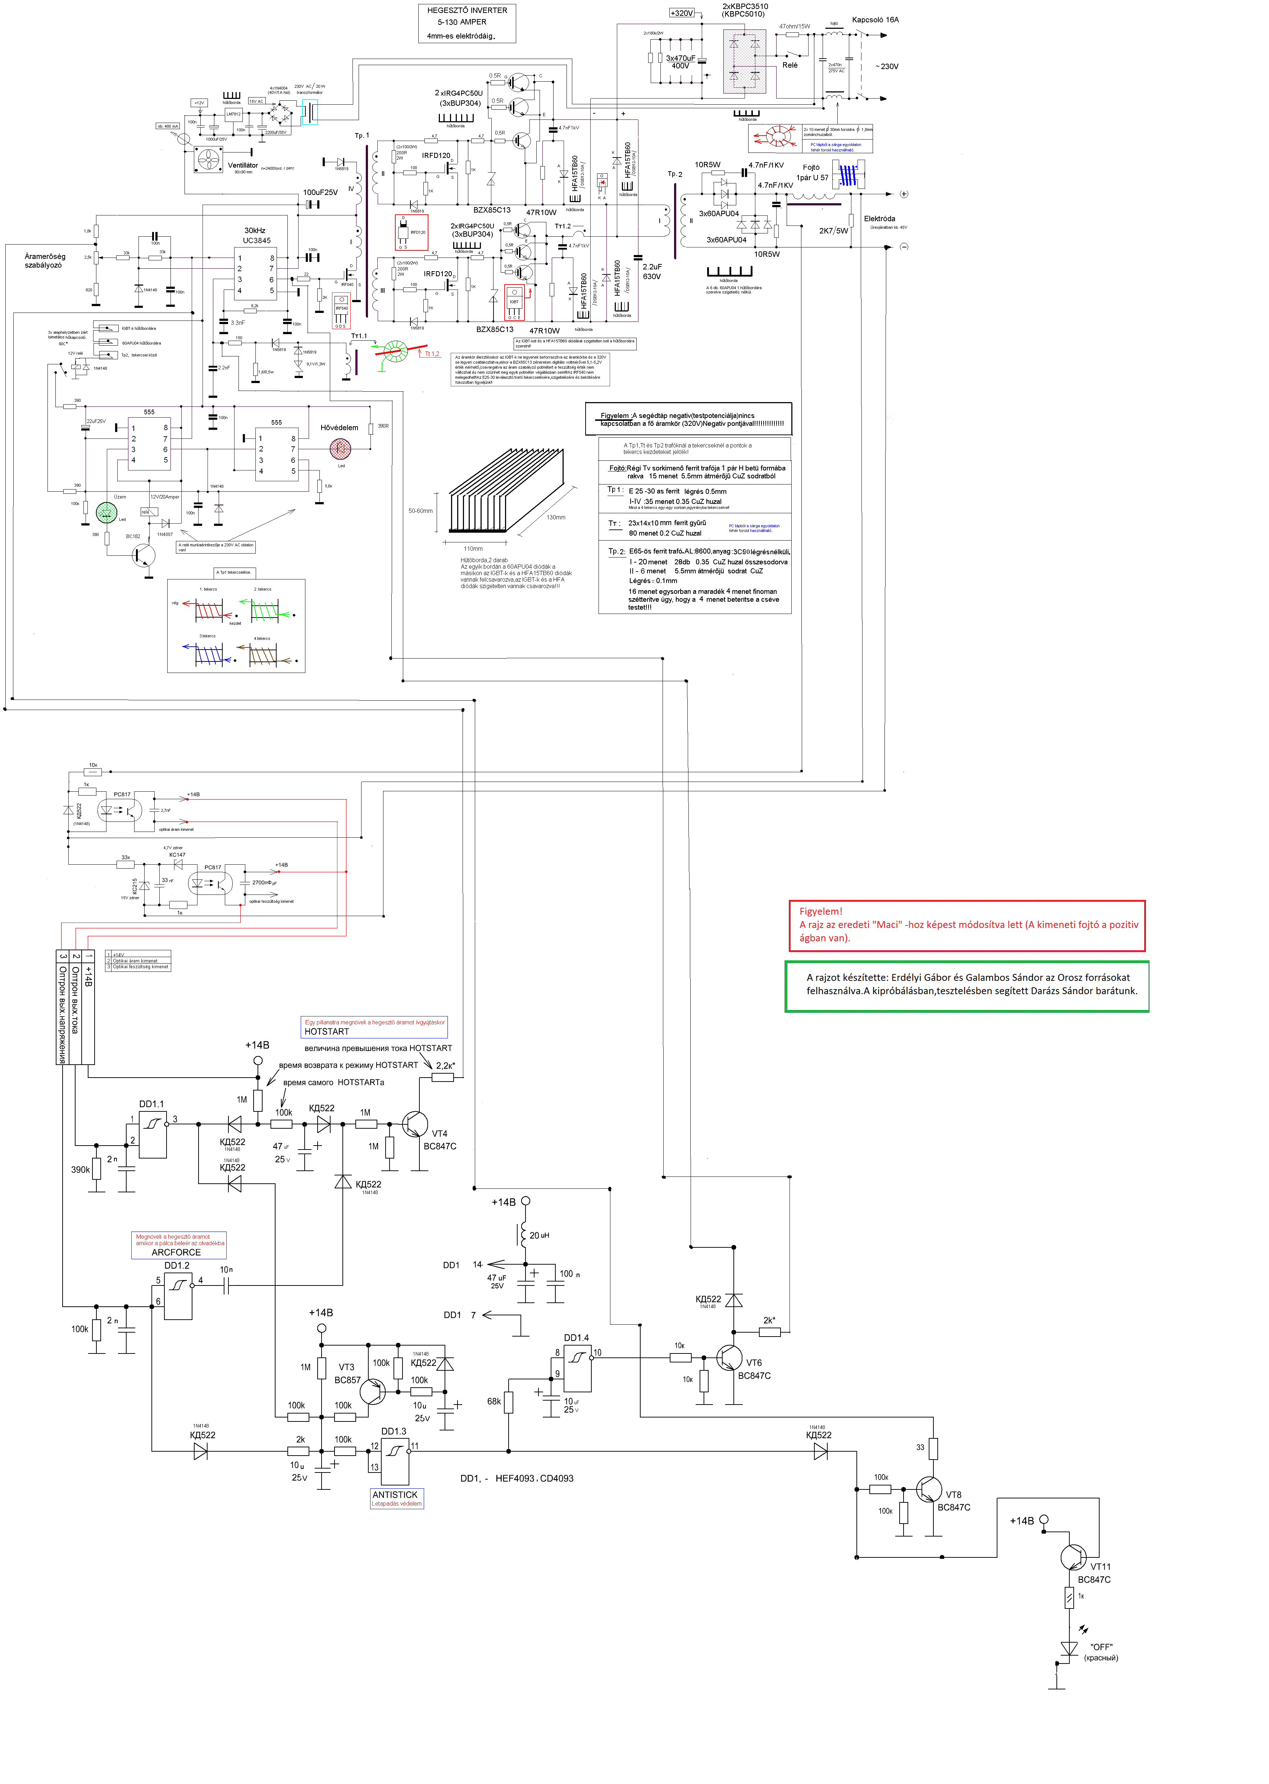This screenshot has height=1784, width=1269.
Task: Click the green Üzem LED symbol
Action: (105, 513)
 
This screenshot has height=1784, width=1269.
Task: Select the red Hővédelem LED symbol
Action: (340, 449)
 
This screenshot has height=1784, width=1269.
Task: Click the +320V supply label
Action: (681, 13)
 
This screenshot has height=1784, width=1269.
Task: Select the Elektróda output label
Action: (879, 219)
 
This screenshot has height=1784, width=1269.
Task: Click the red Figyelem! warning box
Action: (966, 925)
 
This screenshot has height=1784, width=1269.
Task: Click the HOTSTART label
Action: (327, 1032)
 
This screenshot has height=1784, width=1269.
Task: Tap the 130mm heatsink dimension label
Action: (556, 517)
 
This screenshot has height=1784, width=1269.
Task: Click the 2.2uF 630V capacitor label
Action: (652, 271)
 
